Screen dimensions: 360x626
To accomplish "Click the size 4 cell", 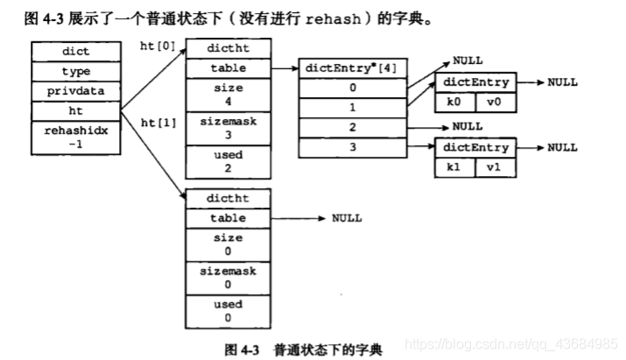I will (x=229, y=94).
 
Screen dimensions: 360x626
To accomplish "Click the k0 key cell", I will (x=454, y=102).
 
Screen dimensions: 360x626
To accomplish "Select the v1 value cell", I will (x=493, y=166).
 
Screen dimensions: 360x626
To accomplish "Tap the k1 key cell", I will (x=454, y=166).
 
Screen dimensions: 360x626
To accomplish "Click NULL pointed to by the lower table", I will (x=347, y=218).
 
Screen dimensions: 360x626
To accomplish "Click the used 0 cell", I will (x=229, y=312).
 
